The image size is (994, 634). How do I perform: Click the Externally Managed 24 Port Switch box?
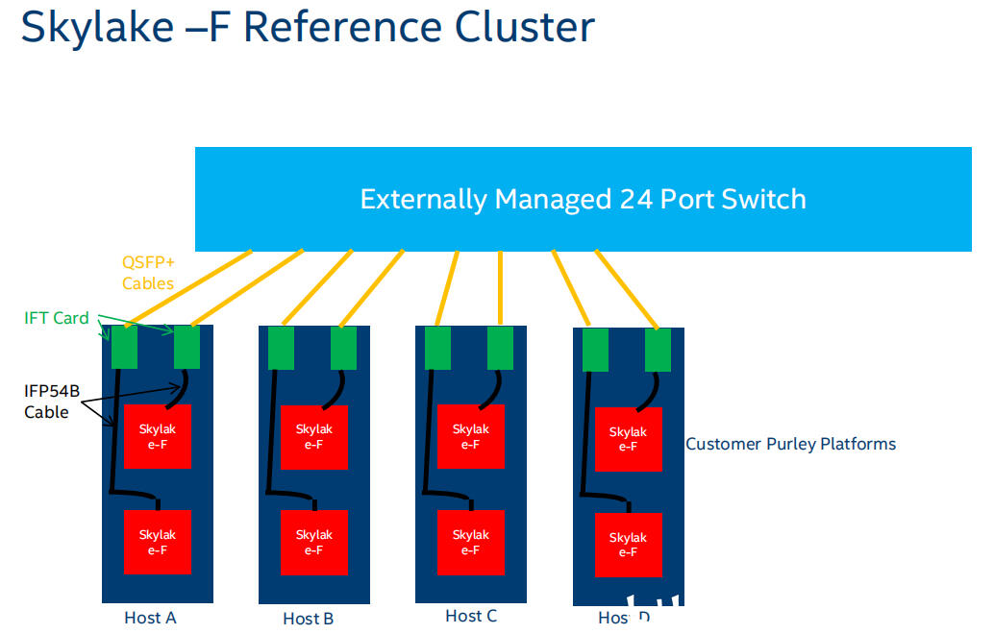[583, 199]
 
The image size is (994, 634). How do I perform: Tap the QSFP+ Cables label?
[148, 272]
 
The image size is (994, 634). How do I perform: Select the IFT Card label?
[57, 318]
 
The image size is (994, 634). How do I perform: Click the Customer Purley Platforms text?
[790, 444]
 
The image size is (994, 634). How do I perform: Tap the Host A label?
[151, 618]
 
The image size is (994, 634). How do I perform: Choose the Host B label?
[309, 619]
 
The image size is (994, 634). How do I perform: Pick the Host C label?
[471, 616]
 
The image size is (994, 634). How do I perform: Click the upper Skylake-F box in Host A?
[158, 436]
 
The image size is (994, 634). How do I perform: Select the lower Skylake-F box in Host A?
[158, 542]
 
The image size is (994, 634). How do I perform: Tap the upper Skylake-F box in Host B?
[313, 436]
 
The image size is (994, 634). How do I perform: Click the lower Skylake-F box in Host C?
[470, 542]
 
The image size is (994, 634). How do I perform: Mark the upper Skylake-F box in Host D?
[628, 439]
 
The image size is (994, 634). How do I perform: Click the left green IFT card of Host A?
[124, 348]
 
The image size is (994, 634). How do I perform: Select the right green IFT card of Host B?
[343, 348]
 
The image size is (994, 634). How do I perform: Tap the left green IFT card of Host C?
[437, 348]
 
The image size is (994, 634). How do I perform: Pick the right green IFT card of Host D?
[658, 350]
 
